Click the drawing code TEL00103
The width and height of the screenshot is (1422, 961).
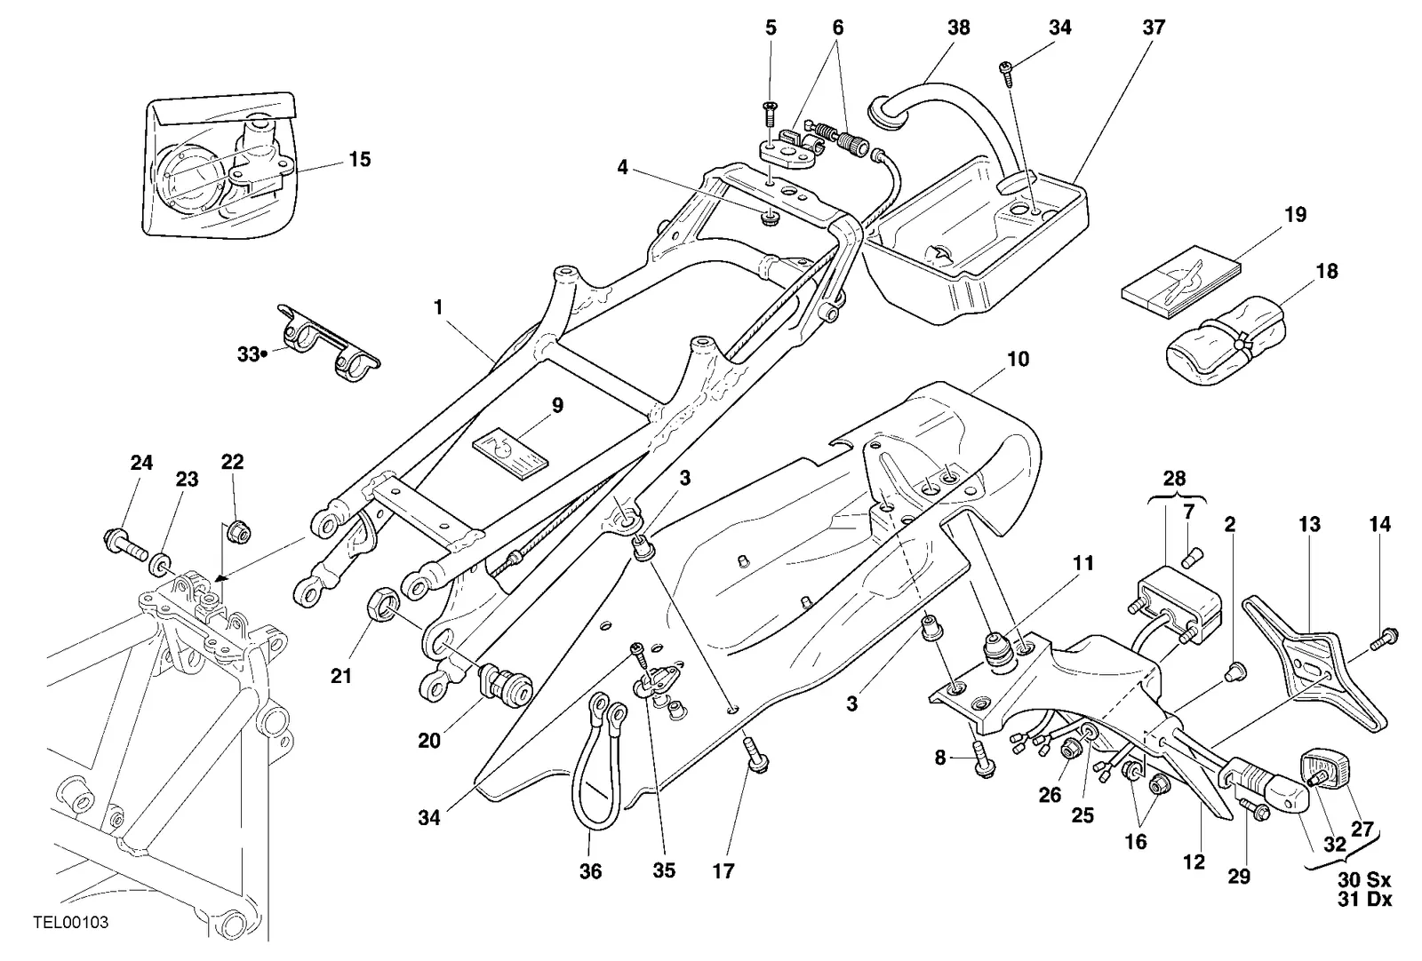coord(71,922)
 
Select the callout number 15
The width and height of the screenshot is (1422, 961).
coord(359,159)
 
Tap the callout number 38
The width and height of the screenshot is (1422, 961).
coord(959,28)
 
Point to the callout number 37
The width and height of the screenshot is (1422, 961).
coord(1154,28)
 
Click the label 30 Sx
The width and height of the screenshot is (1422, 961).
coord(1364,880)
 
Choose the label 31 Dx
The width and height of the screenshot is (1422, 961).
coord(1364,900)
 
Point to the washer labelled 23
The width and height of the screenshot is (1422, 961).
coord(160,564)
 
